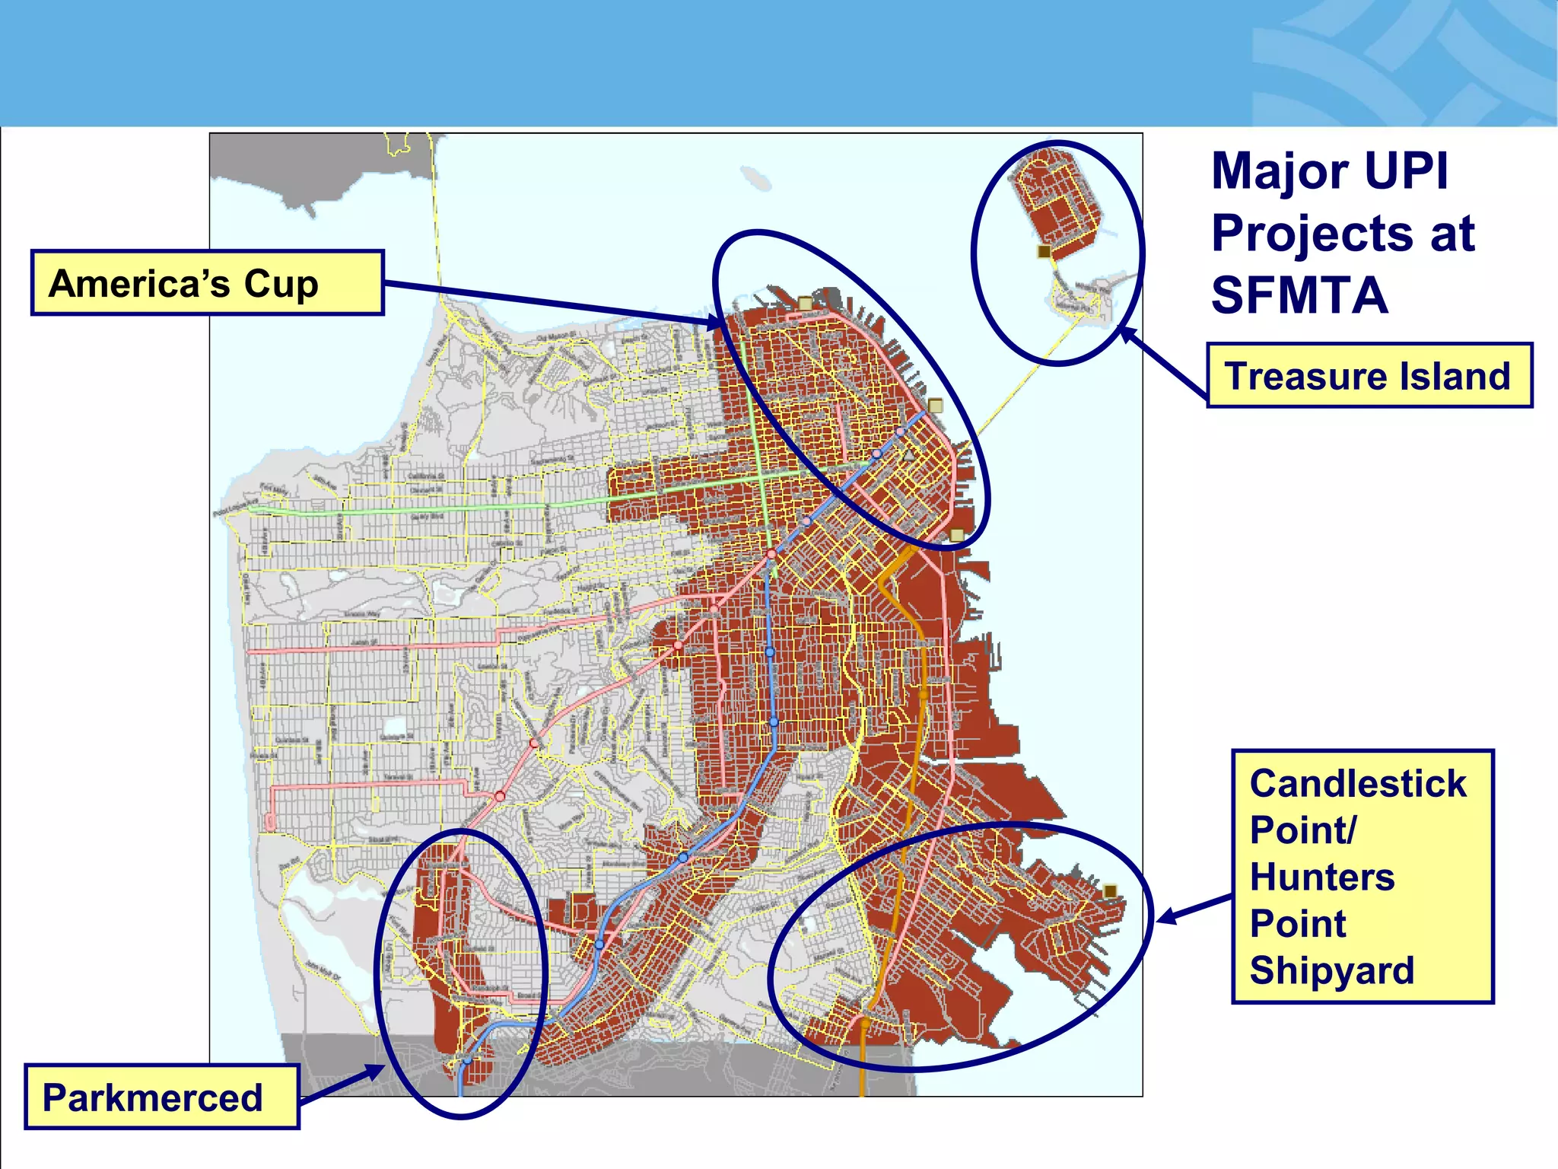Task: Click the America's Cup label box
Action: tap(207, 283)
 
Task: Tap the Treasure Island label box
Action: tap(1369, 376)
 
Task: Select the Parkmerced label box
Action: tap(161, 1097)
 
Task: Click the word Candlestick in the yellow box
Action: tap(1358, 784)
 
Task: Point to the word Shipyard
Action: tap(1331, 970)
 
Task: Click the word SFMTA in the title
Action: tap(1299, 295)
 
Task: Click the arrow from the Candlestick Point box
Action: tap(1194, 909)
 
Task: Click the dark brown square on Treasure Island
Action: tap(1044, 251)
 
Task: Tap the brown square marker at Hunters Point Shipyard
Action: tap(1110, 891)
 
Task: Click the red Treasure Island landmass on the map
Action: tap(1054, 202)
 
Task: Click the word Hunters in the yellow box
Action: tap(1322, 877)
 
